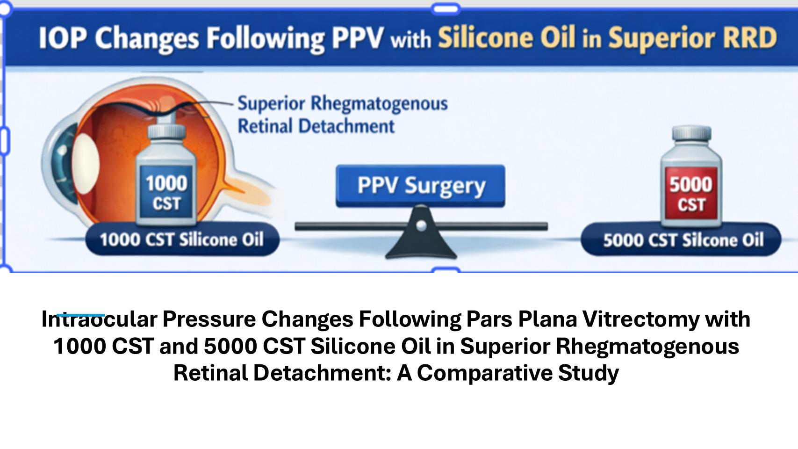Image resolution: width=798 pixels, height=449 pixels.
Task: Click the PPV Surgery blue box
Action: pos(420,186)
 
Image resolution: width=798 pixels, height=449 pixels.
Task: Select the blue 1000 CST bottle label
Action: pos(166,192)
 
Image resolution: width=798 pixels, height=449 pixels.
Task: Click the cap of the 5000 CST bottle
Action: pos(691,133)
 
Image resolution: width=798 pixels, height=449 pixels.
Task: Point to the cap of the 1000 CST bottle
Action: pos(166,131)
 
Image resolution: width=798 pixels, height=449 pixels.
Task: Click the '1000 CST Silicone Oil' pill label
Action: pos(182,239)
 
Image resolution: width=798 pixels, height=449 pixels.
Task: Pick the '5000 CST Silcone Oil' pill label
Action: pos(681,239)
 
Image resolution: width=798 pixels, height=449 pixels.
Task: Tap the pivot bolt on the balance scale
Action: pos(421,225)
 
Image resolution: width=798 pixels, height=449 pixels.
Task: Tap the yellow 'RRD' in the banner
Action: pos(745,37)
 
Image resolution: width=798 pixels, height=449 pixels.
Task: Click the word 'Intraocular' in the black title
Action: pos(100,319)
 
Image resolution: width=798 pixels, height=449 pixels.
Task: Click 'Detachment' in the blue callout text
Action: pos(346,126)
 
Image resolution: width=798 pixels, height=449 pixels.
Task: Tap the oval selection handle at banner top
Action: pos(446,9)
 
